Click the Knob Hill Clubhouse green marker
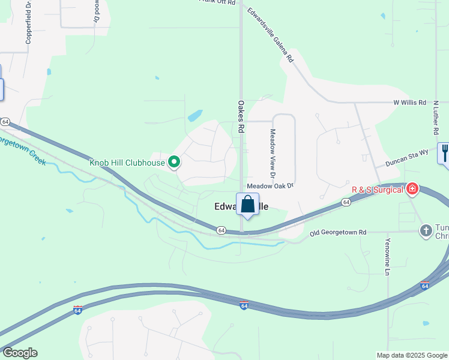175,162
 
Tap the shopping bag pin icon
247,205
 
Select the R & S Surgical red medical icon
412,190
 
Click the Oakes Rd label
241,116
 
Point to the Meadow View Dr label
273,154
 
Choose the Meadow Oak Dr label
270,186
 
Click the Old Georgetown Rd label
338,232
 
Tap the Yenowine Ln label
388,257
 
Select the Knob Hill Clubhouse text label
127,162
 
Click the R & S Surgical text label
378,190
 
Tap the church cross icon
426,230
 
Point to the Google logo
20,353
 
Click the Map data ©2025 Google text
412,355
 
